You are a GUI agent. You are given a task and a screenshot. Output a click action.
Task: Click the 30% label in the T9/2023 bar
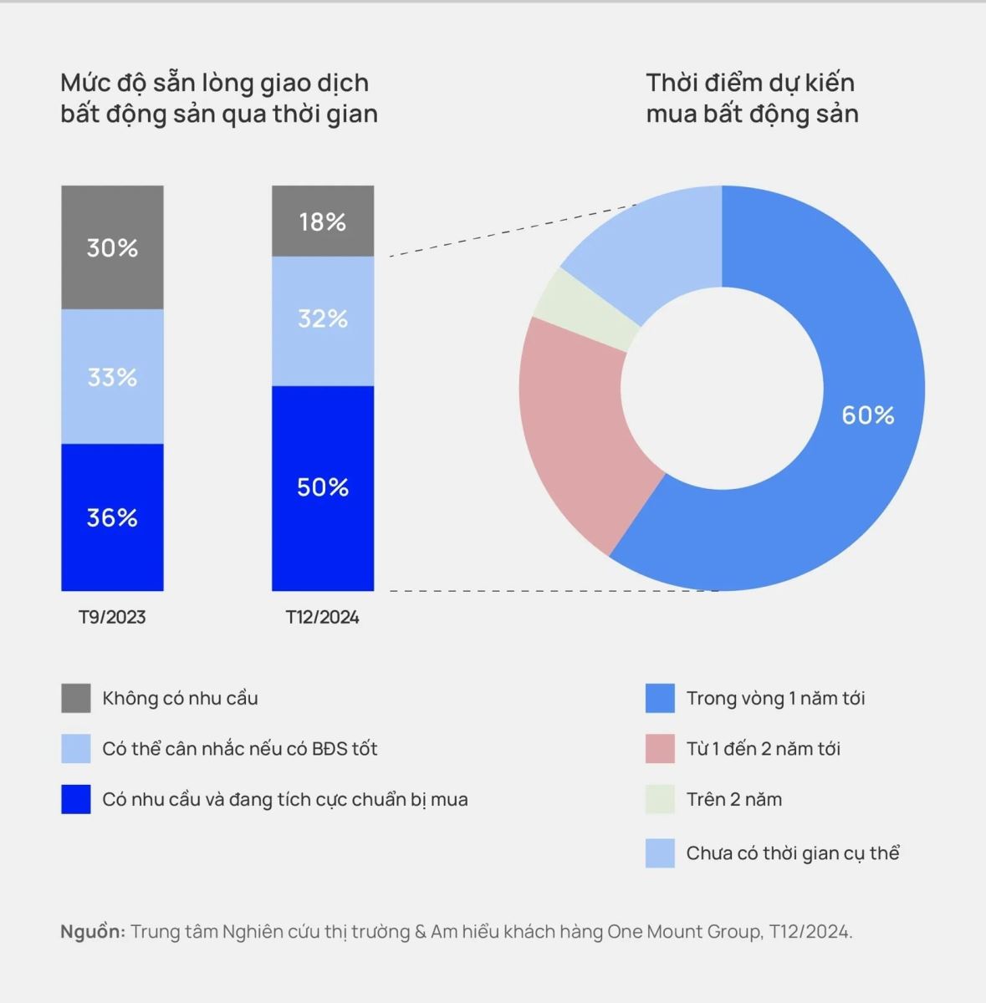point(112,248)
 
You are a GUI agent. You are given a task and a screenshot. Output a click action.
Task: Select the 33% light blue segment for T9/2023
point(112,377)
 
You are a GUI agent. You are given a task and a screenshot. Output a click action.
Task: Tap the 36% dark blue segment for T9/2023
point(112,517)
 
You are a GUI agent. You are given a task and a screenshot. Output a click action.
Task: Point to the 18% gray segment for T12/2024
point(323,221)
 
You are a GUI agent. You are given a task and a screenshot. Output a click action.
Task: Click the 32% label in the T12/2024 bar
point(323,318)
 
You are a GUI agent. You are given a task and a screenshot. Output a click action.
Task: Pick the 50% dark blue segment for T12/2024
point(323,487)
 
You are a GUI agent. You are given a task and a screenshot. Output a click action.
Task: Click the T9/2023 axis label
point(112,618)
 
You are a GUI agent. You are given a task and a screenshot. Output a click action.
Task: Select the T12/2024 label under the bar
point(323,618)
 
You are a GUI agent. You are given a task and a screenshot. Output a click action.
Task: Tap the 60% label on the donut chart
point(867,415)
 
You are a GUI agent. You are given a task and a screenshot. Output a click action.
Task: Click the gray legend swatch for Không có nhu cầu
point(75,698)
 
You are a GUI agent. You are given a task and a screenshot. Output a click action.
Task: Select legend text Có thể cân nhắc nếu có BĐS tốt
point(240,749)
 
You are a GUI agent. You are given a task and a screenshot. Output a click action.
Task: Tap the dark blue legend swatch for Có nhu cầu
point(75,799)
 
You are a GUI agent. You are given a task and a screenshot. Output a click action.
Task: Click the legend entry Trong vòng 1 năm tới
point(775,699)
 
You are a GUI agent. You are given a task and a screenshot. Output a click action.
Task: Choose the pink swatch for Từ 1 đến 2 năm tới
point(660,749)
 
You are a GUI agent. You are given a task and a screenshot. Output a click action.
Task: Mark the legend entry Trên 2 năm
point(733,800)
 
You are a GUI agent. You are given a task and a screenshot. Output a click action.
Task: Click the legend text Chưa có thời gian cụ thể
point(792,853)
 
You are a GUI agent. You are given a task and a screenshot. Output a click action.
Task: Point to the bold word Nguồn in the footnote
point(92,931)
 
